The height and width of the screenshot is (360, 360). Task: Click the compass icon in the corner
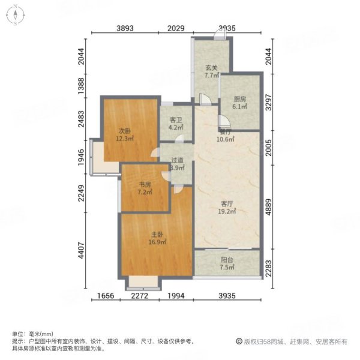click(16, 15)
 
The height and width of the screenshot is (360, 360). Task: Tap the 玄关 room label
click(211, 71)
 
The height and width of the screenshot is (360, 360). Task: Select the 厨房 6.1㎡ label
click(240, 103)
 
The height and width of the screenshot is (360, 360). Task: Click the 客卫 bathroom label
click(176, 124)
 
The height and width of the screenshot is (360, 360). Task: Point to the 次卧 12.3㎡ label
click(125, 135)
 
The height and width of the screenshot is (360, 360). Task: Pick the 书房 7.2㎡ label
click(145, 188)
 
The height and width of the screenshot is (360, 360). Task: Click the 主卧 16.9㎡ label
click(157, 238)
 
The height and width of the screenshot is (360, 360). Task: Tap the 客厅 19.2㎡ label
click(227, 208)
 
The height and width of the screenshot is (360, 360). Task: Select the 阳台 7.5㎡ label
click(227, 263)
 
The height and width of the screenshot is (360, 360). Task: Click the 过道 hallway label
click(177, 164)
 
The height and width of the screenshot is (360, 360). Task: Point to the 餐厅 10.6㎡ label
click(226, 136)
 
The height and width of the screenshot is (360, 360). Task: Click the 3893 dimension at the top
click(125, 28)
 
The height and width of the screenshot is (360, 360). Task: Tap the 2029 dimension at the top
click(176, 28)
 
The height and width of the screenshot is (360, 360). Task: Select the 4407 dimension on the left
click(81, 250)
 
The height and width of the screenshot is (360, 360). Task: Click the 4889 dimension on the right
click(268, 207)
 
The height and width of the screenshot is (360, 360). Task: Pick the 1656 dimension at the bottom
click(106, 296)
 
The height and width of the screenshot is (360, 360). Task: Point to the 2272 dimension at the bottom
click(140, 296)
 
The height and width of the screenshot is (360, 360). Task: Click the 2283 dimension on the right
click(268, 268)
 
